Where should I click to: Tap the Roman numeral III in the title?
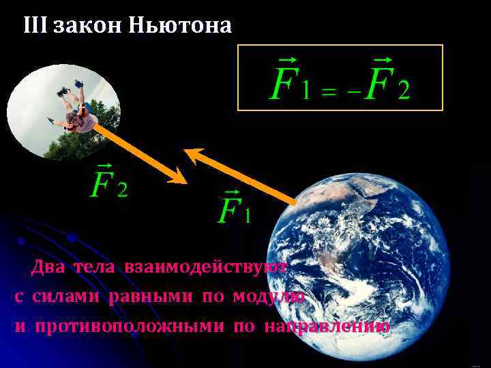tap(35, 26)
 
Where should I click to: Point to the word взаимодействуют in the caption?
tap(205, 266)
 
